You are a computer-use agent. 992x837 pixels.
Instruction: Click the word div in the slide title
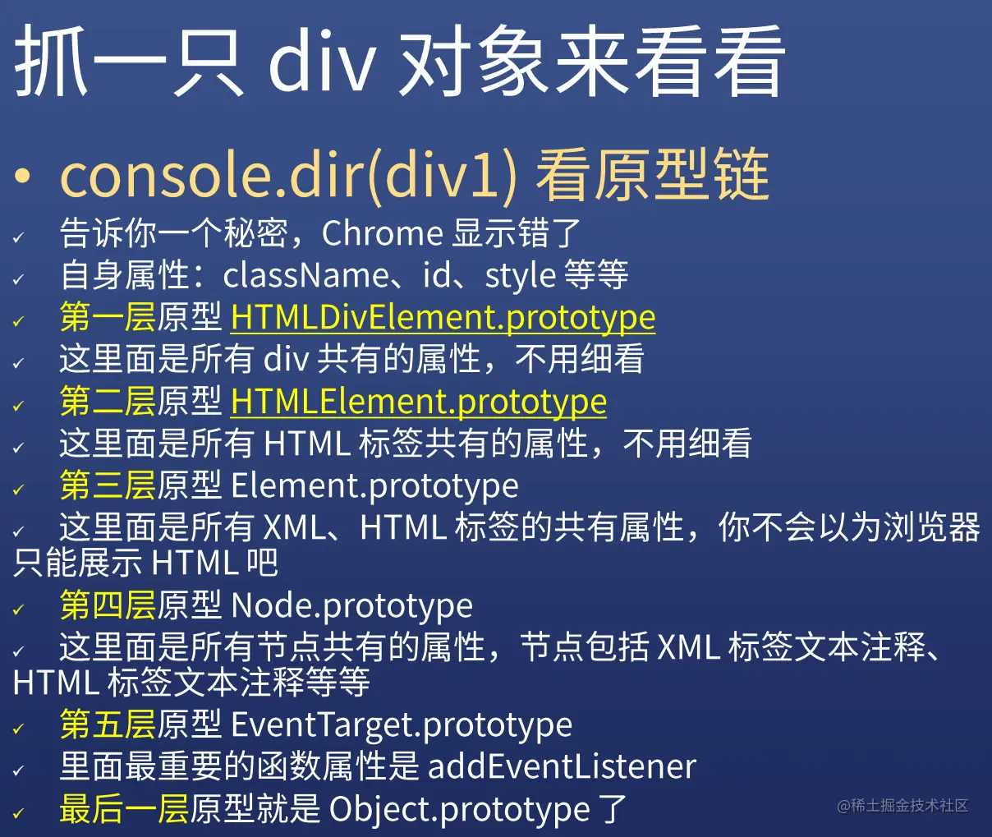[321, 62]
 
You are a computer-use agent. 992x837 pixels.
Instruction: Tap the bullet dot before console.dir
[22, 176]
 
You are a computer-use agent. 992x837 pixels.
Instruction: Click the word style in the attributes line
[520, 276]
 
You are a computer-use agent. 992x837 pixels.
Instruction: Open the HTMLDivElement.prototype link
[443, 318]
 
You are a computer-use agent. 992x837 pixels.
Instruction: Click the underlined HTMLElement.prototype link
[419, 402]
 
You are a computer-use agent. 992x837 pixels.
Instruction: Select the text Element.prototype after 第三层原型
[374, 485]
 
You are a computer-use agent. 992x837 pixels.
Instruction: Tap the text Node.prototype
[351, 606]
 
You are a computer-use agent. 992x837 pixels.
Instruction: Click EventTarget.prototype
[402, 725]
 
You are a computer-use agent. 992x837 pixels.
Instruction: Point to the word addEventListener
[562, 767]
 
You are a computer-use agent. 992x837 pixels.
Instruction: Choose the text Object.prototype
[459, 810]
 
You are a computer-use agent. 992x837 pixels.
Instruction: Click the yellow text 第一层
[108, 318]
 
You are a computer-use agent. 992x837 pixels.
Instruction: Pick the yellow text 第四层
[108, 606]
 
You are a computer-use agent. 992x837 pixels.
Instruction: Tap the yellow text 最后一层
[124, 810]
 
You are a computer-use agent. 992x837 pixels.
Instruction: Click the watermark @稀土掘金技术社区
[902, 806]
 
